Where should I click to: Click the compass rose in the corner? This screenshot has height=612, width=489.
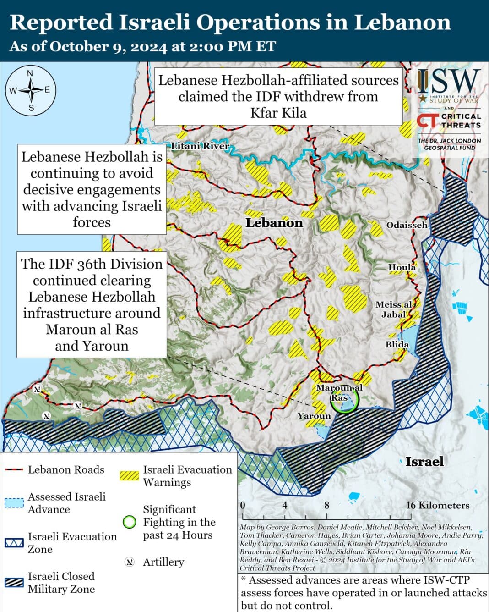coord(31,90)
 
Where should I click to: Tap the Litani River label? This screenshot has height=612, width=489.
coord(200,146)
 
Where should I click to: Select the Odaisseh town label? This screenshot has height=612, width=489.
coord(407,225)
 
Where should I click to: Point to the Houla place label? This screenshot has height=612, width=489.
coord(402,267)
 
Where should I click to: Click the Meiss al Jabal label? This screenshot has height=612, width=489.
coord(393,309)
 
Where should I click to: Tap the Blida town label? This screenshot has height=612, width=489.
coord(397,344)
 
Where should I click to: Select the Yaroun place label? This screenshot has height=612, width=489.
coord(314,416)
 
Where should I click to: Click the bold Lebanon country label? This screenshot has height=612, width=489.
coord(274,223)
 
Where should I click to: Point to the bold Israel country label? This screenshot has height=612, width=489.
coord(424,461)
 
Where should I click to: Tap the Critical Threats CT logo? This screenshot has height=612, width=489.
coord(427,121)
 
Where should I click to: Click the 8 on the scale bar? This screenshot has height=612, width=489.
coord(326,505)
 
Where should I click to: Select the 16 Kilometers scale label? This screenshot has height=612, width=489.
coord(437,505)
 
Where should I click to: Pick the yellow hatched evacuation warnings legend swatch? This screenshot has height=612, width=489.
coord(129,475)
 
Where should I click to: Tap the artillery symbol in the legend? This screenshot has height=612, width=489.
coord(130,562)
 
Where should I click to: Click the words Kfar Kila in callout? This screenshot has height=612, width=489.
coord(278,113)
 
